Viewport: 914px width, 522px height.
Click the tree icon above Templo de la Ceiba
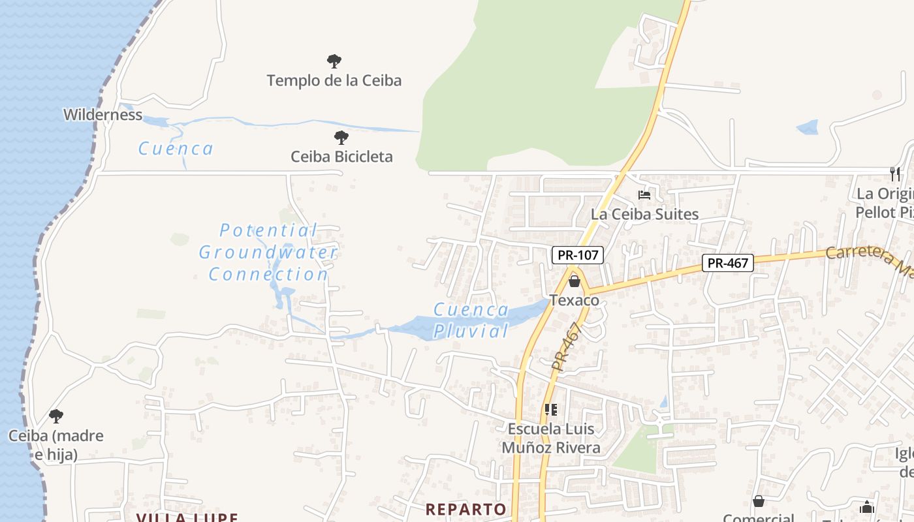(334, 61)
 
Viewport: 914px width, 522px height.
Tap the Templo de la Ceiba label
(334, 81)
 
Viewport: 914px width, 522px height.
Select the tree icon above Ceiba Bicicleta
(341, 138)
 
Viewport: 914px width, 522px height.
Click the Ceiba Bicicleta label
(341, 157)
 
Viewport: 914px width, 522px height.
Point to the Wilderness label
(102, 115)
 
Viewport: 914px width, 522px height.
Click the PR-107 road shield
(578, 255)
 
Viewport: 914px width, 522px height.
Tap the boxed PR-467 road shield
(728, 263)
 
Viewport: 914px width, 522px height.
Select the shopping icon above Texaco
(575, 281)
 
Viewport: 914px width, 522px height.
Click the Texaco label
(575, 300)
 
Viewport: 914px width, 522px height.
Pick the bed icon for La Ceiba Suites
(644, 194)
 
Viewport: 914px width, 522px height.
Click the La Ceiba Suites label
(644, 214)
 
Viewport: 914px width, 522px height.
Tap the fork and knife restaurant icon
(895, 174)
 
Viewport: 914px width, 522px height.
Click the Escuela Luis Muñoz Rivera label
(551, 438)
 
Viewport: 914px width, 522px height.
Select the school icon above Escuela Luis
(551, 410)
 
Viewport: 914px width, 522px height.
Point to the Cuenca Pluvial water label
(471, 320)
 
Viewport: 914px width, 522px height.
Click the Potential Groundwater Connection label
(268, 253)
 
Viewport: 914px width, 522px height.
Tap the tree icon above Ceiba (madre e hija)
(56, 416)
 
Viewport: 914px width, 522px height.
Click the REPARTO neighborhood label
(465, 509)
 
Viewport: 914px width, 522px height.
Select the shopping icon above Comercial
(759, 501)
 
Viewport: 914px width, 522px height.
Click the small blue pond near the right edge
(808, 127)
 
